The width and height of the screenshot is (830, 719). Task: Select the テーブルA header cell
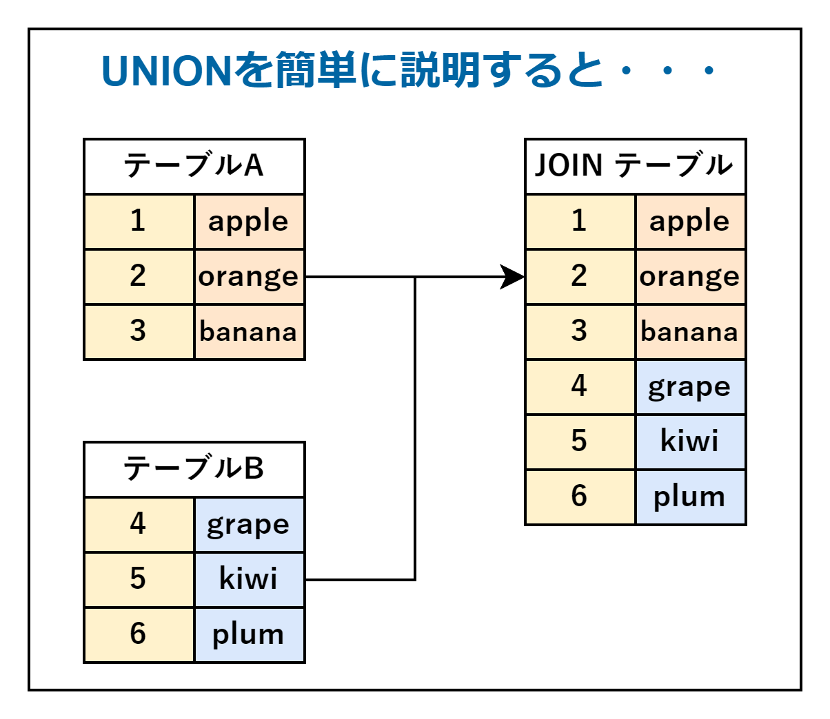pos(194,166)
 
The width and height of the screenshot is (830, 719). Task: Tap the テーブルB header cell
pos(194,469)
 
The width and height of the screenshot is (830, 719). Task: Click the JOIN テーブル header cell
pos(635,166)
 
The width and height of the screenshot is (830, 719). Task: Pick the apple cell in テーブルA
pos(249,222)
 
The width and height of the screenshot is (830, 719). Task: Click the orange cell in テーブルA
pos(249,277)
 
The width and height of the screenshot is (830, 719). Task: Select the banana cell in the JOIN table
pos(690,332)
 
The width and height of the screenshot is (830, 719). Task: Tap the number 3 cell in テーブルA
pos(139,332)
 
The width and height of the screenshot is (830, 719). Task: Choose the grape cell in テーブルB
pos(249,525)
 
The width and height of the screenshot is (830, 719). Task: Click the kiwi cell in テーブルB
pos(249,580)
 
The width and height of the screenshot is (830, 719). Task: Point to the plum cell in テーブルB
pos(249,635)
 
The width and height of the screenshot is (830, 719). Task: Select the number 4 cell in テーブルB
pos(139,525)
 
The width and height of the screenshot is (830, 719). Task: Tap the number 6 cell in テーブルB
pos(139,635)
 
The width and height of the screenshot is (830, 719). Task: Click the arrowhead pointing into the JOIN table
pos(513,277)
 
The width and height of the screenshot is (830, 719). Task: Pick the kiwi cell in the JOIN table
pos(690,442)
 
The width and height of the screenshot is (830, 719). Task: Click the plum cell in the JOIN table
pos(690,497)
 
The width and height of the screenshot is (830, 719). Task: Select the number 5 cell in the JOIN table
pos(580,442)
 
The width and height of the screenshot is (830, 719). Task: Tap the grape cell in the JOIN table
pos(690,387)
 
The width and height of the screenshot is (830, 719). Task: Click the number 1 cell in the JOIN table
pos(580,222)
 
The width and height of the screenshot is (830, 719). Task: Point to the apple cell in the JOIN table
pos(690,222)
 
